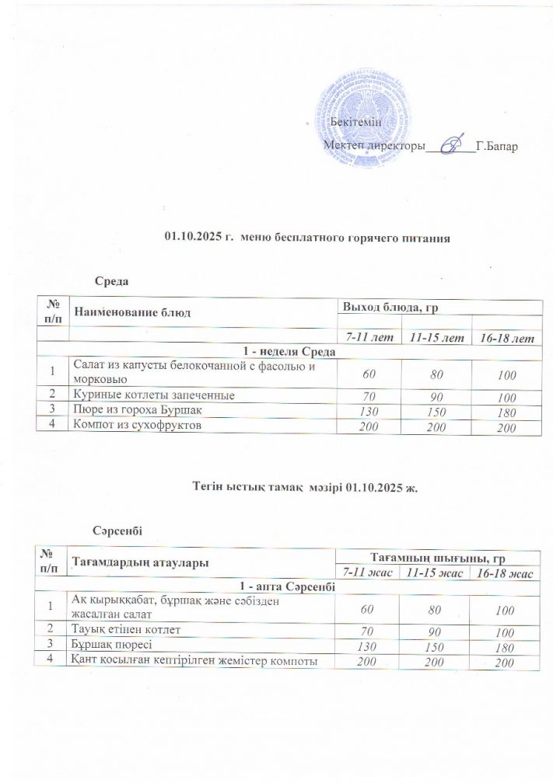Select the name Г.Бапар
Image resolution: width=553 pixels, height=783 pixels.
coord(495,146)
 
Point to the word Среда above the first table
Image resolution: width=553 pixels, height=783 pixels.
coord(110,280)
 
